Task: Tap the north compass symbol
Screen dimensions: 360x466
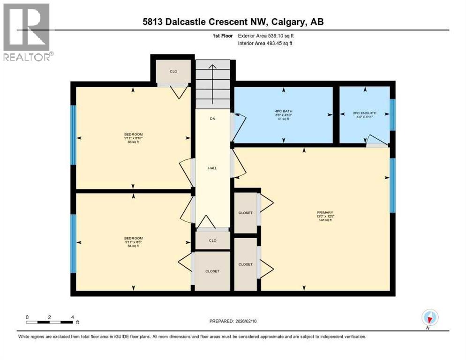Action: [429, 317]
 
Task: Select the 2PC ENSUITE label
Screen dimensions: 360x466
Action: [364, 113]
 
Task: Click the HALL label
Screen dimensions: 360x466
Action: [212, 167]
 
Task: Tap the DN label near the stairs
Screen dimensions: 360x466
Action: [212, 119]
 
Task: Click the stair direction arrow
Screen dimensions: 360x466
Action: [212, 84]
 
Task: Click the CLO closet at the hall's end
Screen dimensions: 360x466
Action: [212, 240]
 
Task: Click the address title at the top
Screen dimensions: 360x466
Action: [233, 22]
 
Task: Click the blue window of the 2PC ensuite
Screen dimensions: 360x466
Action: [392, 115]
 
